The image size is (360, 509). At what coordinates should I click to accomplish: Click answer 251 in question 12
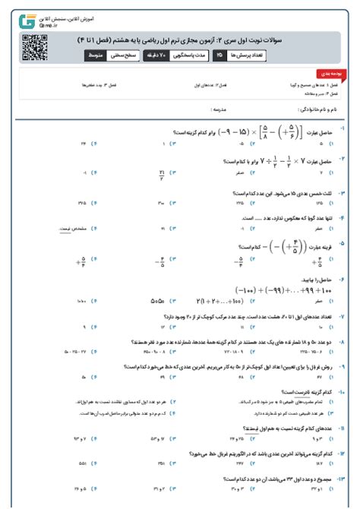pyautogui.click(x=160, y=463)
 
